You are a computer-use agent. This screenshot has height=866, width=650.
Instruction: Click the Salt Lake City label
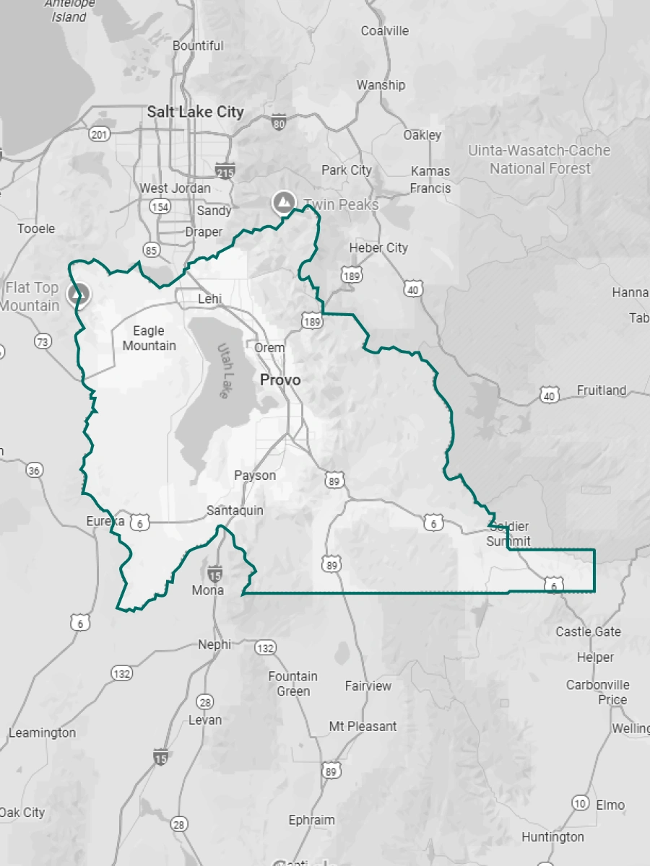click(195, 112)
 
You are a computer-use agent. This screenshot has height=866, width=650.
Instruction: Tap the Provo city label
click(280, 380)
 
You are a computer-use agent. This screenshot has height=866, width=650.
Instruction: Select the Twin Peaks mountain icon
click(282, 203)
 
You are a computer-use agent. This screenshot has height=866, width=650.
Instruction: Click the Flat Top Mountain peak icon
click(79, 294)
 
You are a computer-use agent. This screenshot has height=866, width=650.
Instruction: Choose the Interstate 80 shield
click(279, 122)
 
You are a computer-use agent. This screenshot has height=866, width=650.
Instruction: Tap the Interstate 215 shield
click(225, 170)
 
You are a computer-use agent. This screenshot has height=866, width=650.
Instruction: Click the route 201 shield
click(99, 134)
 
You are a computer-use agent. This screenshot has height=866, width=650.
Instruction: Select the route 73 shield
click(43, 341)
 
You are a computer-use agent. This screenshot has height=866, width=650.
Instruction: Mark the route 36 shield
click(34, 471)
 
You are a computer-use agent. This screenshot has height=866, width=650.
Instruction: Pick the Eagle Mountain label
click(149, 338)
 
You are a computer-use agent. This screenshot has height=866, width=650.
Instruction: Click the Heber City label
click(378, 248)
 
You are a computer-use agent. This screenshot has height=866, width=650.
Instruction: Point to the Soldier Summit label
click(508, 533)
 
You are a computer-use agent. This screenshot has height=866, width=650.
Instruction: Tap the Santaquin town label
click(235, 510)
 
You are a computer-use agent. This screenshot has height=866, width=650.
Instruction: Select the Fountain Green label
click(292, 683)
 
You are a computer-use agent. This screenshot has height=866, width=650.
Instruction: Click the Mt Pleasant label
click(363, 726)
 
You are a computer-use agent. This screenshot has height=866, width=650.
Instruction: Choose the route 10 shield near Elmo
click(580, 802)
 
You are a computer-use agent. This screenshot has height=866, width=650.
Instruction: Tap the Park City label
click(347, 170)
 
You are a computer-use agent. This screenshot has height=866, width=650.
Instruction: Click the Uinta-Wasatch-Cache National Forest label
click(539, 159)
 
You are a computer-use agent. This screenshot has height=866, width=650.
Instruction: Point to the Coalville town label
click(385, 31)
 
